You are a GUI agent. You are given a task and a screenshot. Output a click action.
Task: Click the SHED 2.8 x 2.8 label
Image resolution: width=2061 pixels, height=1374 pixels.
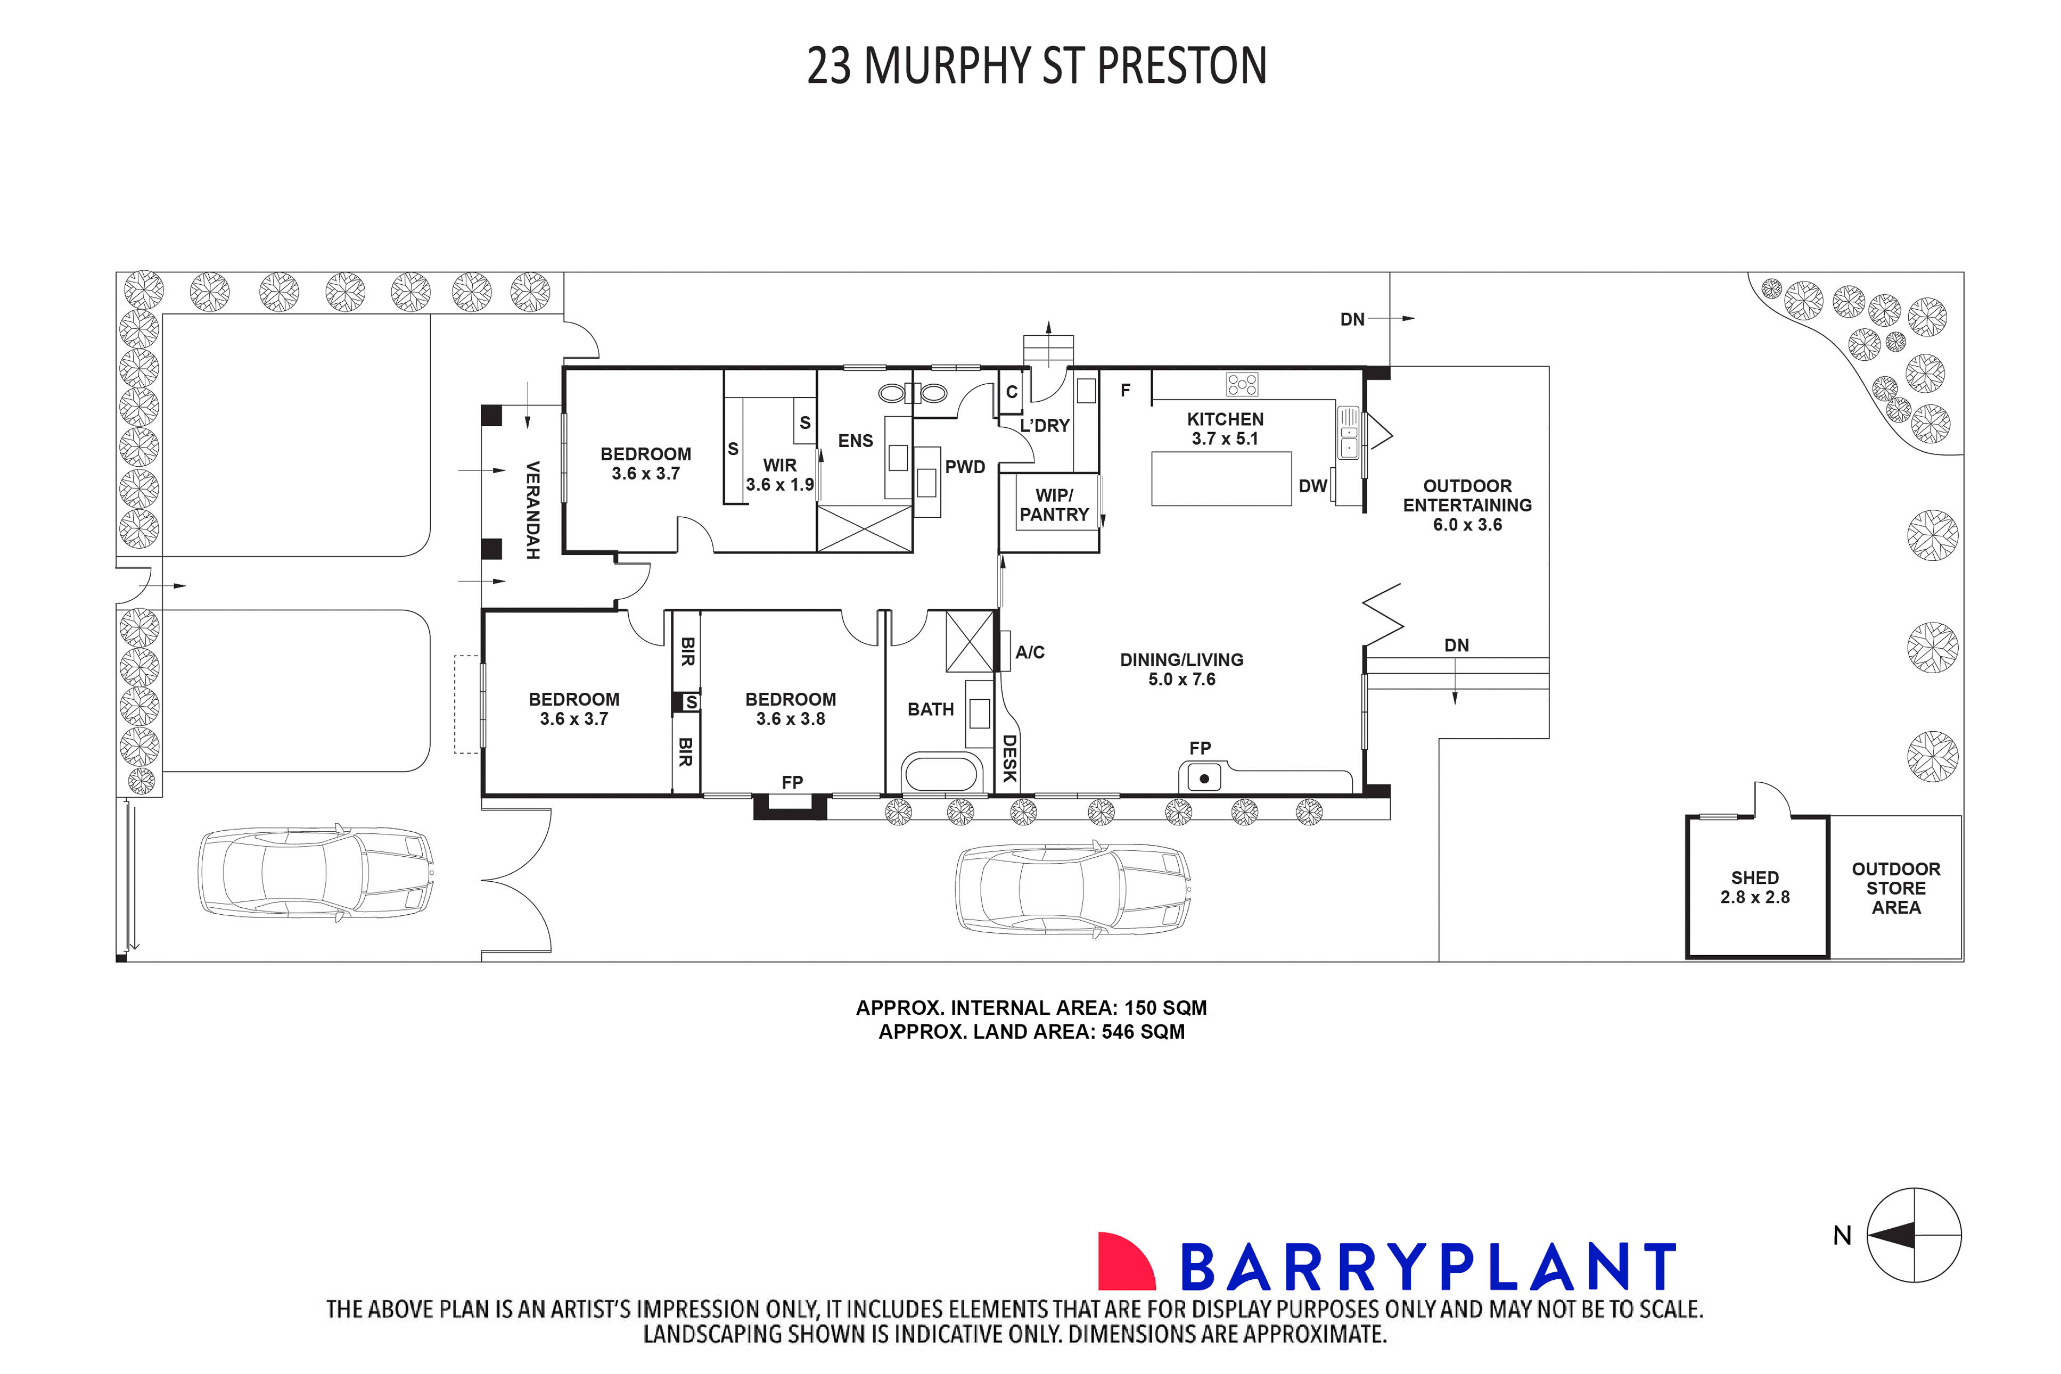tap(1754, 887)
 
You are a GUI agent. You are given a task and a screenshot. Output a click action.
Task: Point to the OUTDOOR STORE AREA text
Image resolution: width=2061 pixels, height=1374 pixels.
tap(1895, 888)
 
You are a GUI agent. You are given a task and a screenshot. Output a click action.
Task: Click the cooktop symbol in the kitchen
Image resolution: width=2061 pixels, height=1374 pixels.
tap(1242, 384)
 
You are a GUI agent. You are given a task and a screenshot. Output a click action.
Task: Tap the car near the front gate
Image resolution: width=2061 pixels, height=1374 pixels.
tap(316, 872)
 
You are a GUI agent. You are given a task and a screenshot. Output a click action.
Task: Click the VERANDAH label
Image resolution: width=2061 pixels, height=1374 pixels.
tap(532, 510)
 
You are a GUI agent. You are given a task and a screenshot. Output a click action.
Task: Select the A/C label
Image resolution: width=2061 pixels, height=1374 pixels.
tap(1030, 652)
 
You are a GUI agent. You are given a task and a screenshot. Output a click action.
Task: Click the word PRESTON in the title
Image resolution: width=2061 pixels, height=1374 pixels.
tap(1182, 66)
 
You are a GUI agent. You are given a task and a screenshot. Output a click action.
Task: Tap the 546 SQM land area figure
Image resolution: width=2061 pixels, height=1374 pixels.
tap(1143, 1031)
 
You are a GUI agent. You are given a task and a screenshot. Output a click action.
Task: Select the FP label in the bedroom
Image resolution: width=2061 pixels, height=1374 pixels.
tap(792, 782)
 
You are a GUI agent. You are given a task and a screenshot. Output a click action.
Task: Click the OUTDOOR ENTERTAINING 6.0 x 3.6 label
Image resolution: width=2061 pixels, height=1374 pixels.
tap(1467, 504)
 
